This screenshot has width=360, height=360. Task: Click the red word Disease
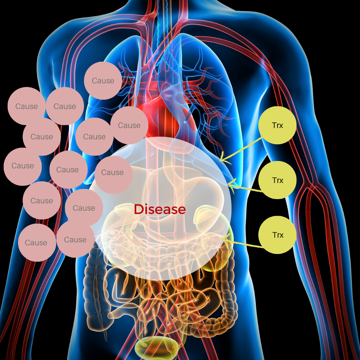(159, 209)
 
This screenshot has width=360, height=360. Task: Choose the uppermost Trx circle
(277, 125)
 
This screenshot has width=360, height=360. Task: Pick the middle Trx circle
(277, 180)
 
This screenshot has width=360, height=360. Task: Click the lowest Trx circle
(277, 235)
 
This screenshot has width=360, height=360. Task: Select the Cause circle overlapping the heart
(129, 125)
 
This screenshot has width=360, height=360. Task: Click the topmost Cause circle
(103, 81)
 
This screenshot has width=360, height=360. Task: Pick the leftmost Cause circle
(23, 166)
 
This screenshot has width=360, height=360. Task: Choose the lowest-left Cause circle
(36, 243)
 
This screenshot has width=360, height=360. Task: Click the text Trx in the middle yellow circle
(277, 180)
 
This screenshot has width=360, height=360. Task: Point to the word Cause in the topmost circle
(103, 81)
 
